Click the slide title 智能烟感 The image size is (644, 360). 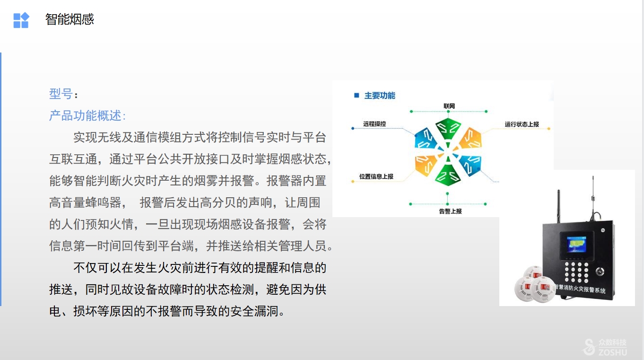coord(70,19)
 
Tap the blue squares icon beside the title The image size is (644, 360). coord(21,20)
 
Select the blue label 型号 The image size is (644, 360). coord(61,94)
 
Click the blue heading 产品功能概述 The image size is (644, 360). coord(86,115)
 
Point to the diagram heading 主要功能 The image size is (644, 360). coord(380,96)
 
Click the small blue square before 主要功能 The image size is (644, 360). coord(357,95)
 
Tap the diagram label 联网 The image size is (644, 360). coord(449,106)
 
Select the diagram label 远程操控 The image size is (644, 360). coord(374,124)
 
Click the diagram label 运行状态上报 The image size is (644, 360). coord(522,124)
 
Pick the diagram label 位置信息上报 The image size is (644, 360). coord(376,176)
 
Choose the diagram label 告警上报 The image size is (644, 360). coord(450,211)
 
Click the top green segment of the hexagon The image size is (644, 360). coord(448,129)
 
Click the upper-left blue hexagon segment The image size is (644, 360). coord(426,139)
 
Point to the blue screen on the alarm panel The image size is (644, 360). coord(576,245)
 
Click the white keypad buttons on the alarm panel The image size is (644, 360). coord(576,272)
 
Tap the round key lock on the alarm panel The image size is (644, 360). coord(600,271)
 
